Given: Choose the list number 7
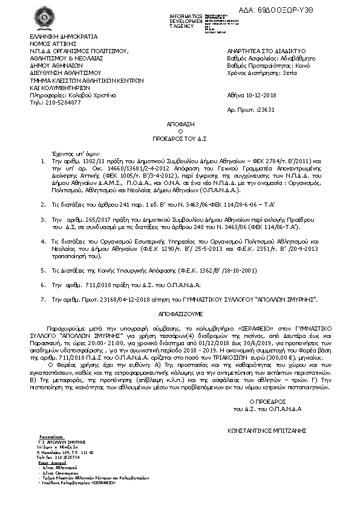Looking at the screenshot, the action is [42, 299].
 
